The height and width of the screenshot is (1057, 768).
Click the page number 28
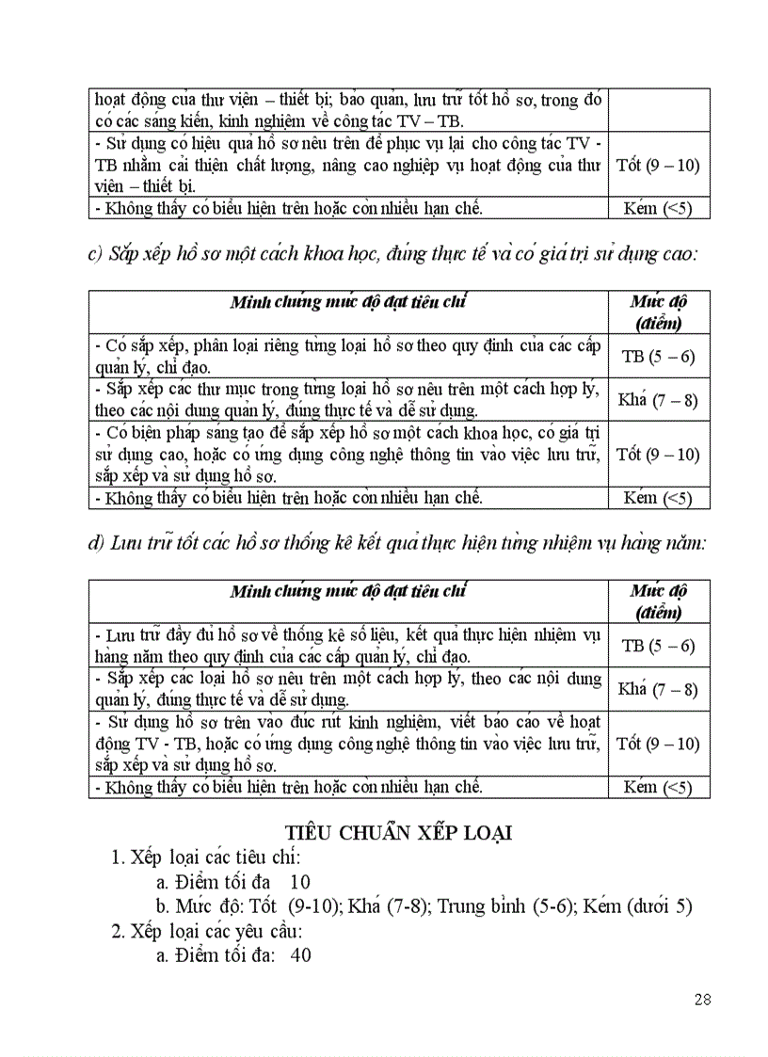pos(702,999)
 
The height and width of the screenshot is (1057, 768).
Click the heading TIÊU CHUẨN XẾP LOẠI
pos(398,833)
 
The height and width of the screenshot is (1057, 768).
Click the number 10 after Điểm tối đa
pos(300,882)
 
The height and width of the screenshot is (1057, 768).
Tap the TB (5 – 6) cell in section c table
pos(659,356)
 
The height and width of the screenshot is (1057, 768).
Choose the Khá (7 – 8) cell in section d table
pos(658,689)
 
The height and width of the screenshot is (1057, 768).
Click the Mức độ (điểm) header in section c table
pos(659,312)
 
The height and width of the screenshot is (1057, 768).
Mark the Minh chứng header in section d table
pos(348,592)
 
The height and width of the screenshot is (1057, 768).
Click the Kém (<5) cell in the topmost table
pos(658,208)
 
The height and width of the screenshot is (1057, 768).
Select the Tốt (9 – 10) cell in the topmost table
pos(658,165)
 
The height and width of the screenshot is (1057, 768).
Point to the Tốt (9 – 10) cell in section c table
pos(658,454)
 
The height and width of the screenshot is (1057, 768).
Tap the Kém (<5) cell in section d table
pos(658,787)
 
